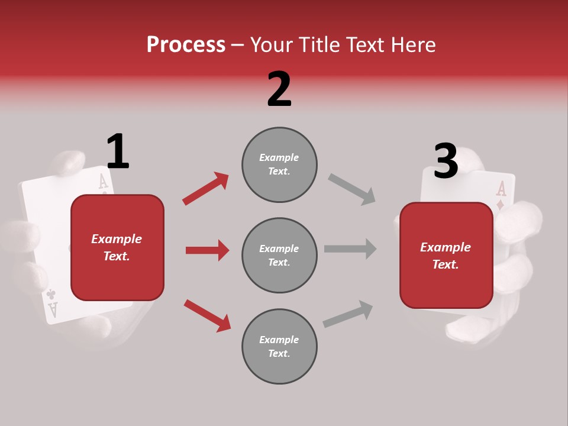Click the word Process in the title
tap(186, 45)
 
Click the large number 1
tap(118, 151)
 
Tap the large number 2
tap(279, 89)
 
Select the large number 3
tap(446, 162)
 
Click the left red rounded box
tap(117, 247)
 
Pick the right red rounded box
tap(446, 255)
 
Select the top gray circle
tap(279, 164)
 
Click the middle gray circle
tap(279, 255)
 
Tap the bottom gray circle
tap(279, 346)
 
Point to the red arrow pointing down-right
tap(207, 315)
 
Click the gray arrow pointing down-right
tap(352, 189)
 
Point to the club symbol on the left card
tap(51, 293)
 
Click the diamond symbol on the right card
tap(501, 205)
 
